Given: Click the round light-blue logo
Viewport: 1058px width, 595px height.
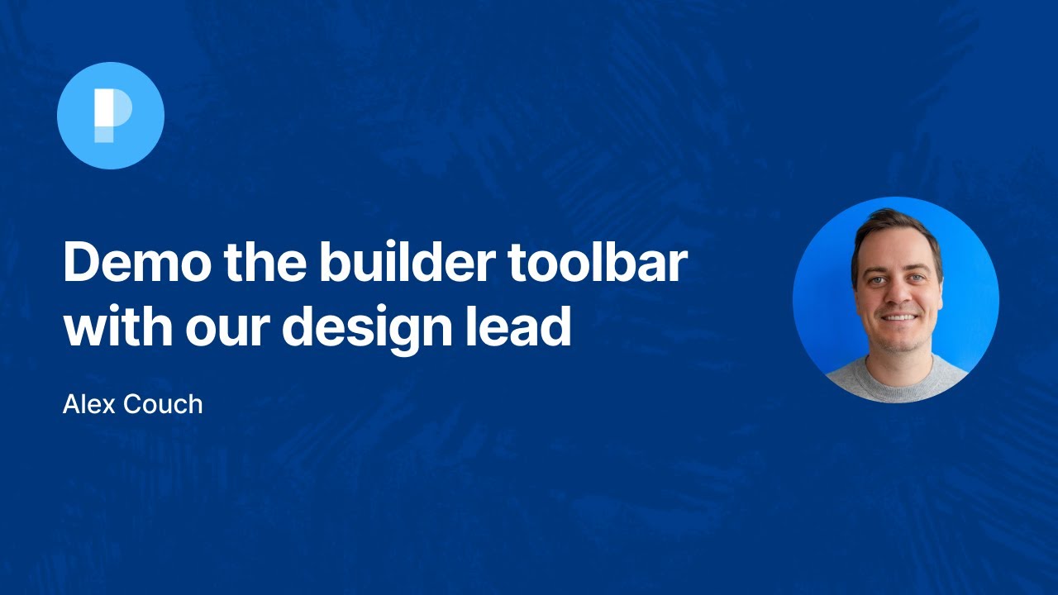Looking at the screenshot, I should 111,116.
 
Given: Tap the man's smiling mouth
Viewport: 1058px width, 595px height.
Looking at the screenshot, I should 898,317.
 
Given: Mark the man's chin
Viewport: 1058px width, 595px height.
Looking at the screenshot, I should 898,338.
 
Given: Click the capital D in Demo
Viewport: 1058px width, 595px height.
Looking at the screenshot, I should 81,262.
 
